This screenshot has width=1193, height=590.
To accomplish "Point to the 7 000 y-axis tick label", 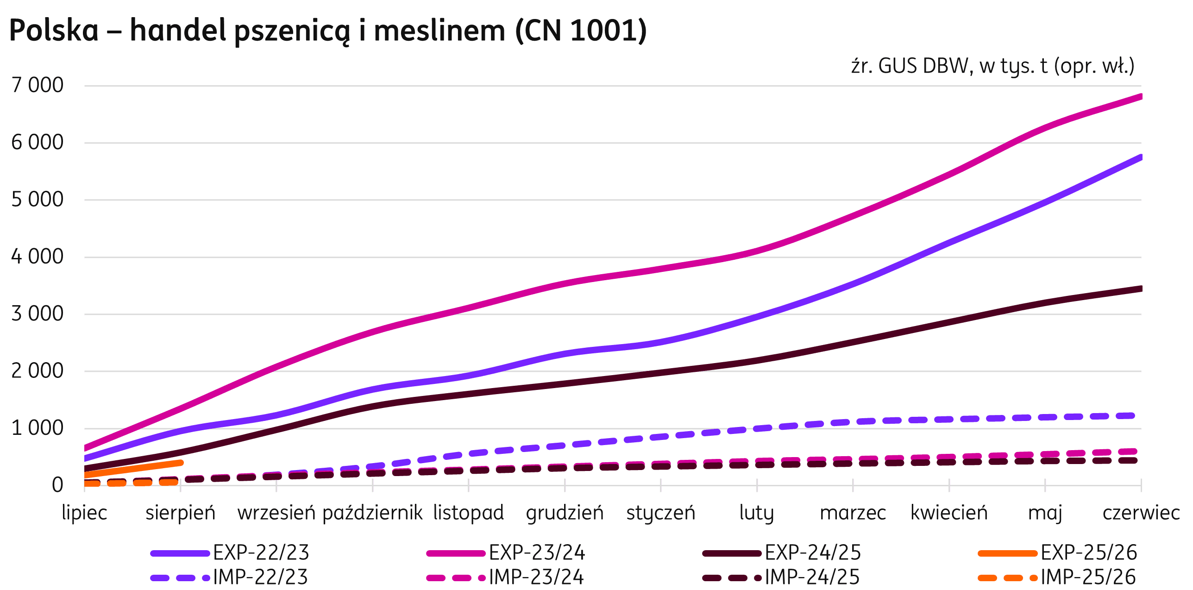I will coord(38,85).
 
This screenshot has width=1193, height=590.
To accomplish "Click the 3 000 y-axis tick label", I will coord(38,314).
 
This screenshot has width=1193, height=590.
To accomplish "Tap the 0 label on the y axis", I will coord(57,485).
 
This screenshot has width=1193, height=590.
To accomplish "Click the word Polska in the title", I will coord(54,31).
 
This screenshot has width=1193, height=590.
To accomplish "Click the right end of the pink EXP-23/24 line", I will coord(1140,96).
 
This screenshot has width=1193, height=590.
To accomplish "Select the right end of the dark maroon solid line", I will coord(1140,289).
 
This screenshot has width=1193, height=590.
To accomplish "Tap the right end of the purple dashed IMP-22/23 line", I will coord(1139,415).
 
